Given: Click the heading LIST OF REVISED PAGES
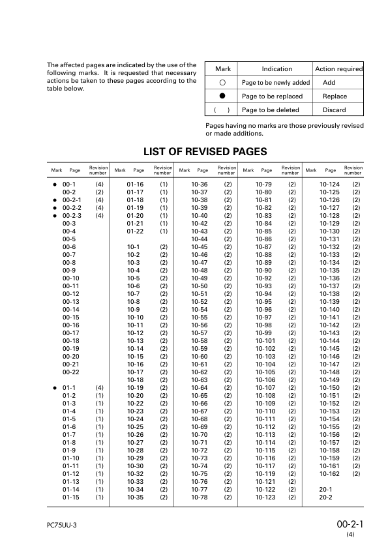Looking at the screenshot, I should (204, 152).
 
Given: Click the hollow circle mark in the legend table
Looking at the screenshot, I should (222, 83).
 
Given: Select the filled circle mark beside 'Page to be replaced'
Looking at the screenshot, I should (222, 96).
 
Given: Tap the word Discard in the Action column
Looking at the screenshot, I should (334, 110).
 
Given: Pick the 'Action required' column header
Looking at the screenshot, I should (338, 68).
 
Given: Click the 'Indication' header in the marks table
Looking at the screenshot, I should (276, 68).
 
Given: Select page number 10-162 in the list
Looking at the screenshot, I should (329, 473).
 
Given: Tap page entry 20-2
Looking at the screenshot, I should (325, 497).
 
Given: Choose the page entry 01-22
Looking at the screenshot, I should (135, 231).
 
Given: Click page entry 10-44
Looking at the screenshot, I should (199, 239).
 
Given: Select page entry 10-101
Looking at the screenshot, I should (265, 341).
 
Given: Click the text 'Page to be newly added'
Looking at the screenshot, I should (276, 83).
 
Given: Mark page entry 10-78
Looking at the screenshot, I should (199, 497).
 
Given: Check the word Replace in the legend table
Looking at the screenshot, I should (335, 96).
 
